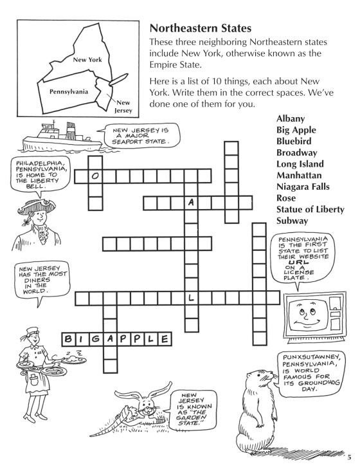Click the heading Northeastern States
(201, 28)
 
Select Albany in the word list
(291, 118)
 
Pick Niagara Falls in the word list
(303, 187)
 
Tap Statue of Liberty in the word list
(310, 209)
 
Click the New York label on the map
(87, 60)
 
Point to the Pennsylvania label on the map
(69, 91)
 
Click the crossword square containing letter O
(95, 176)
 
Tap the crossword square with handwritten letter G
(96, 339)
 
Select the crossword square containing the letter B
(69, 339)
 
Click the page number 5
(349, 457)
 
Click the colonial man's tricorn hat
(36, 207)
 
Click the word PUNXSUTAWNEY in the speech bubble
(311, 358)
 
